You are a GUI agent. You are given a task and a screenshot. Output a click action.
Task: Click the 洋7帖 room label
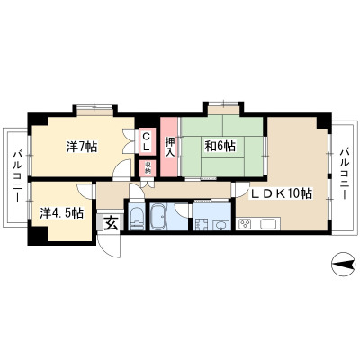coord(82,147)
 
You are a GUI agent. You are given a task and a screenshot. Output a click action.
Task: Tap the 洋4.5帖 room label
coord(62,212)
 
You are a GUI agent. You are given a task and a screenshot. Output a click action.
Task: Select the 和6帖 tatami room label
coord(220,146)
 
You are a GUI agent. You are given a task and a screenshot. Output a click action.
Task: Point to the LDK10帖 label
coord(282,194)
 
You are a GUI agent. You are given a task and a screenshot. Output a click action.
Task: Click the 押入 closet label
coord(169,146)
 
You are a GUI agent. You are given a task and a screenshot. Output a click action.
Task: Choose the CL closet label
coord(146,141)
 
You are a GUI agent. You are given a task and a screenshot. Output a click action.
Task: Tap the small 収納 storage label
coord(148,168)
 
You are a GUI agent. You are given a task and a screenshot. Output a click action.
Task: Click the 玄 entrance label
coord(111,223)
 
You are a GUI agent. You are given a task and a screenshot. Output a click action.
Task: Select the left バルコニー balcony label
coord(16,176)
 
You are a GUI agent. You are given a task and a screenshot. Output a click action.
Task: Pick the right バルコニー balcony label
coord(344,173)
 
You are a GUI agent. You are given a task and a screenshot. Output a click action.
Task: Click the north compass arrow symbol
coord(343,265)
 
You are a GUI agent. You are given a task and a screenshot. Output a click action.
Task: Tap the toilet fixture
coord(137,217)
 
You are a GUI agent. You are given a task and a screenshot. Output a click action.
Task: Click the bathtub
coord(159,217)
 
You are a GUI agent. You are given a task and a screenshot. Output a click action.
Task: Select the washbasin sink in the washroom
coord(220,226)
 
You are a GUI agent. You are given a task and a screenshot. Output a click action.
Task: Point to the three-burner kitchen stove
coord(245,224)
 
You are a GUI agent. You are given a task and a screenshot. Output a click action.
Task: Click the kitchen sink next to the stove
coord(269,224)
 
